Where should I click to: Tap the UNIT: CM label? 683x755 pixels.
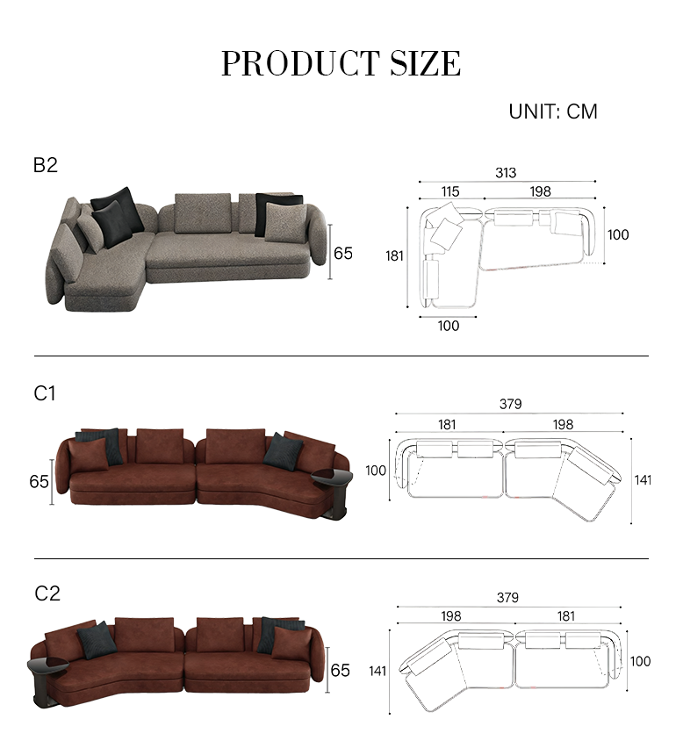[553, 111]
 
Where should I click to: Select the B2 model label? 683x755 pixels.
[46, 164]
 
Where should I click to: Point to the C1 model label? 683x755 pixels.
[45, 393]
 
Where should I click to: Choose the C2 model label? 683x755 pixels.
[47, 593]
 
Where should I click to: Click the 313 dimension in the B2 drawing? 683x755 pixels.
[506, 173]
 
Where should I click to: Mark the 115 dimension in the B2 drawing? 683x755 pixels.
[450, 191]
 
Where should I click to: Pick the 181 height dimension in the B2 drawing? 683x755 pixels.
[395, 256]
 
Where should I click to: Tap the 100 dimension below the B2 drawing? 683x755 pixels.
[449, 326]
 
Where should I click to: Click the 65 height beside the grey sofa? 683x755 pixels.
[343, 253]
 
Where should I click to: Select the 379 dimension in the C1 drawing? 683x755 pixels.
[510, 405]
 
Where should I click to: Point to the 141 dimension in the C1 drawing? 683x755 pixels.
[643, 479]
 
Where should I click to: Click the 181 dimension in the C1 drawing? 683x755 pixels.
[447, 425]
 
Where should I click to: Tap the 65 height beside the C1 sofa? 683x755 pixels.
[39, 481]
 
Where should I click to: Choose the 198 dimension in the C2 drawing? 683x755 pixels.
[451, 617]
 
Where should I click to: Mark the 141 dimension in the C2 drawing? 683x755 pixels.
[378, 672]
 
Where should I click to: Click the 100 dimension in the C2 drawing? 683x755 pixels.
[641, 661]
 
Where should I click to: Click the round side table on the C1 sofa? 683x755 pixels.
[331, 478]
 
